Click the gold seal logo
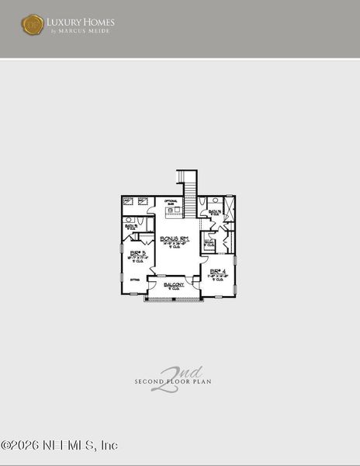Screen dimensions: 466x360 [x=33, y=25]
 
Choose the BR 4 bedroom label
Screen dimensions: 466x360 [x=217, y=272]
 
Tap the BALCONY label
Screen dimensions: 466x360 [x=174, y=285]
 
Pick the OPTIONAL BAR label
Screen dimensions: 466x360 [x=172, y=202]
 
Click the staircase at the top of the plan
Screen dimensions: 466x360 [x=186, y=185]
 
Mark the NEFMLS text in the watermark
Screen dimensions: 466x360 [x=64, y=446]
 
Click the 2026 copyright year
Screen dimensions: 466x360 [x=22, y=446]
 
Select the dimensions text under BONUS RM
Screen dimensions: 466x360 [x=175, y=244]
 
